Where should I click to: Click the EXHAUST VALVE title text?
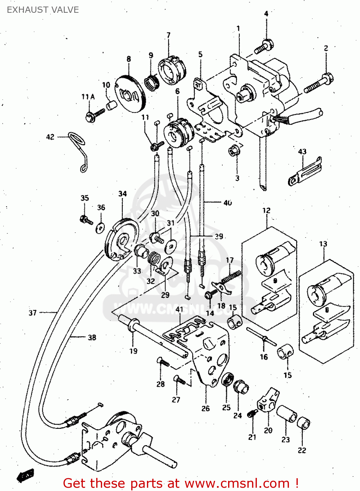(x=43, y=10)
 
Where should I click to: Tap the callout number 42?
(x=50, y=137)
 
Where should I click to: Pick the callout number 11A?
(x=88, y=97)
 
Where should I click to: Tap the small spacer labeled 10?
(x=112, y=105)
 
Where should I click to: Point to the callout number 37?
(x=33, y=313)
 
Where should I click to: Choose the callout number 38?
(x=92, y=337)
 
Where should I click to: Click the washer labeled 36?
(x=100, y=227)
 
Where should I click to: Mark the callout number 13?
(x=323, y=244)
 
